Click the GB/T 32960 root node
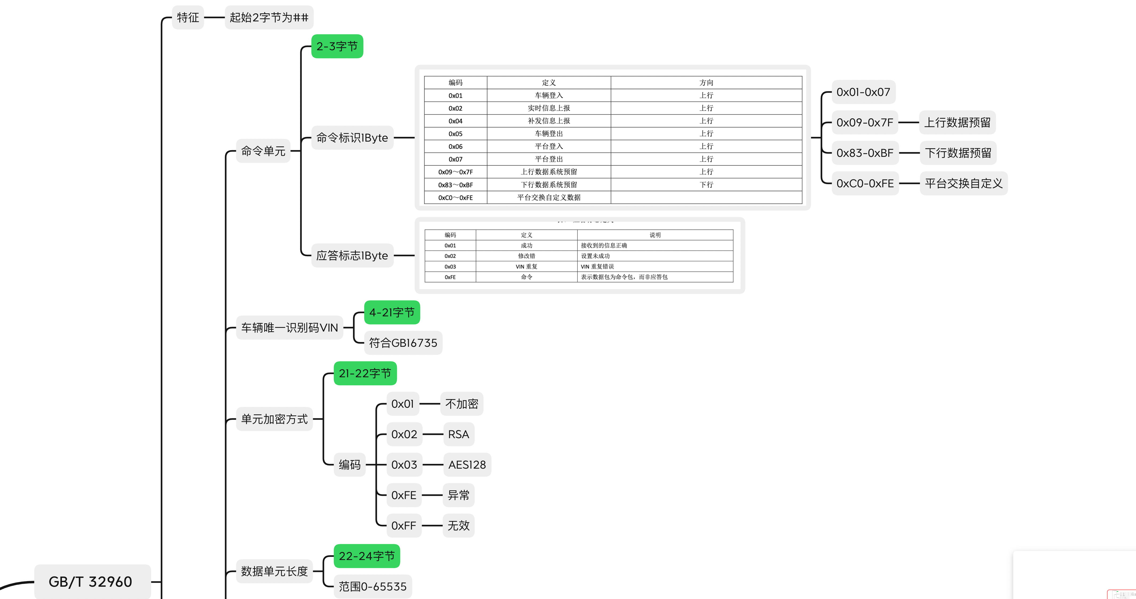90,581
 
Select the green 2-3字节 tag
337,46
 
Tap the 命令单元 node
263,151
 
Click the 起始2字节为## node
269,18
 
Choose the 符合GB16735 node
403,343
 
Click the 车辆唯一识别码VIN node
289,328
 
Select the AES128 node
467,465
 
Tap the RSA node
459,434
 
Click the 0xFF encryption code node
404,526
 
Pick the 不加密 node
462,404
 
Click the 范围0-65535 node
373,587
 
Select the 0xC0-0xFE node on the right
865,183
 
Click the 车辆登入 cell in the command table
549,95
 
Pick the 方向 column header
706,83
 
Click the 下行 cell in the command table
706,185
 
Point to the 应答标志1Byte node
352,256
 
